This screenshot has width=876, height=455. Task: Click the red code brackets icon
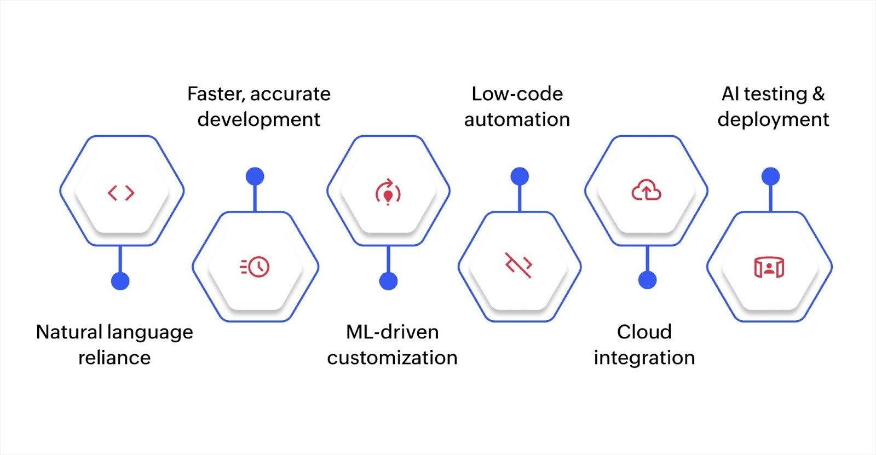(x=121, y=193)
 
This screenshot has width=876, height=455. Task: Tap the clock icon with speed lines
(x=255, y=267)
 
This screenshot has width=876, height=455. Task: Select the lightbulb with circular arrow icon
(x=388, y=192)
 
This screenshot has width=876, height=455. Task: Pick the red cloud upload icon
(x=646, y=191)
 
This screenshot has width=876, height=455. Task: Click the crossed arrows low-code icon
(x=518, y=265)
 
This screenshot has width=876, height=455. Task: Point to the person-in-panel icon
(x=769, y=267)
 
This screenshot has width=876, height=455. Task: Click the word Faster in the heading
(x=216, y=94)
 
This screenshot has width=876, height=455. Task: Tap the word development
(x=258, y=119)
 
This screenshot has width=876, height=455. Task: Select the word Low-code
(x=517, y=94)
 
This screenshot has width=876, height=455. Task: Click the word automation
(x=517, y=119)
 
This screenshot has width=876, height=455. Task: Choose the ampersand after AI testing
(x=819, y=94)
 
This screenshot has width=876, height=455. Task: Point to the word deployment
(x=773, y=119)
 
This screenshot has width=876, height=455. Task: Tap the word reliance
(x=114, y=358)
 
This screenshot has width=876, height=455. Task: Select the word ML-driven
(x=392, y=332)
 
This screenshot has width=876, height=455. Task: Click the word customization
(x=392, y=358)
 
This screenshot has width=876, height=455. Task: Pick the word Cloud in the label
(x=644, y=332)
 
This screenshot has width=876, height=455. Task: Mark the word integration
(x=644, y=358)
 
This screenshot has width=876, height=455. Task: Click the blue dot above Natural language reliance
(x=120, y=281)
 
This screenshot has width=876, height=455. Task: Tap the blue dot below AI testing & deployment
(x=770, y=176)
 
